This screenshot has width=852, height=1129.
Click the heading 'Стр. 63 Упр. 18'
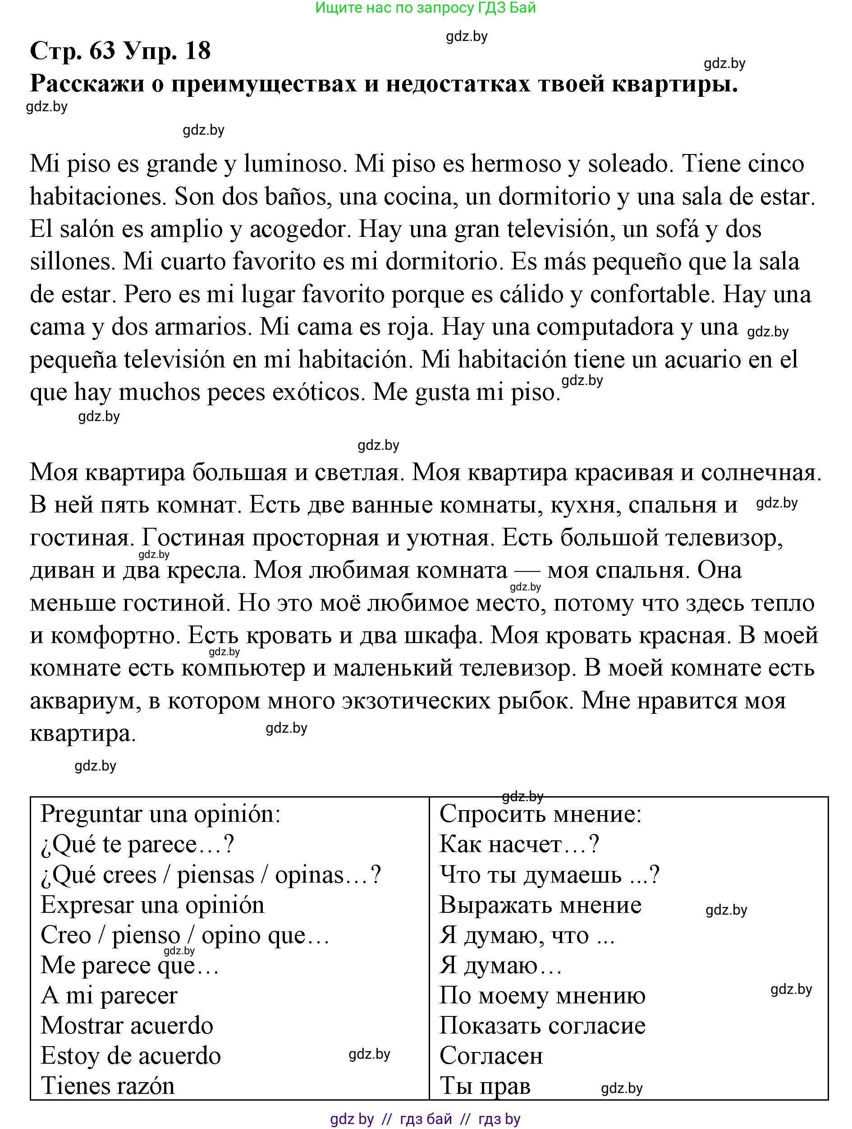(120, 51)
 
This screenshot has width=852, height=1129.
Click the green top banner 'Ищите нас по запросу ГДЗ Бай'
(426, 8)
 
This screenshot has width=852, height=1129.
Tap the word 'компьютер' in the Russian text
(243, 669)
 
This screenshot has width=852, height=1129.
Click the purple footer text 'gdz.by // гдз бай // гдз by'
(425, 1119)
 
